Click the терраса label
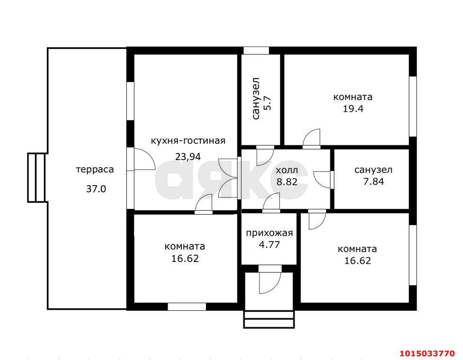(95, 170)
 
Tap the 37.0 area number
(96, 189)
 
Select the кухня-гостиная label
(188, 141)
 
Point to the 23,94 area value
(188, 156)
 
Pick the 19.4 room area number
(353, 109)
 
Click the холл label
(287, 171)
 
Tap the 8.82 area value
(287, 181)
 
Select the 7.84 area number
(374, 181)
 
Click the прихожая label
(269, 233)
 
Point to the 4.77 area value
(269, 244)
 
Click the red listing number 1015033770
(427, 353)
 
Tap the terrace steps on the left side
(36, 178)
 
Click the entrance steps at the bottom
(269, 319)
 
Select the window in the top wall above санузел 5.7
(256, 50)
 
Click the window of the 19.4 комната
(413, 107)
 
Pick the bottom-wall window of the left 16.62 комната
(187, 307)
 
